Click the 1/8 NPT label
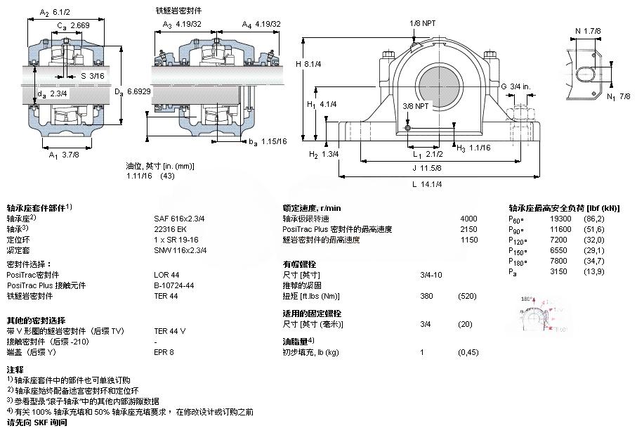[423, 23]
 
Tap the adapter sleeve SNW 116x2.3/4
[180, 250]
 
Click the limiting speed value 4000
[468, 219]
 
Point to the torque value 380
[426, 296]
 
